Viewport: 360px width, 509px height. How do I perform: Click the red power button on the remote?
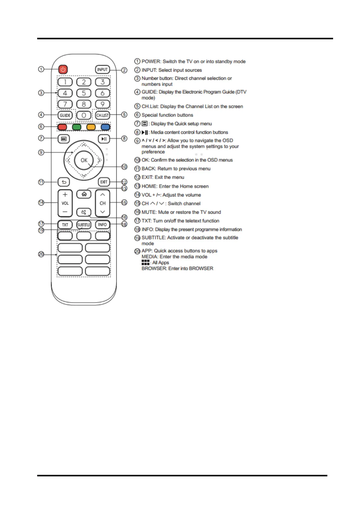[63, 70]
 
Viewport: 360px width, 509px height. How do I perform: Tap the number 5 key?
[84, 93]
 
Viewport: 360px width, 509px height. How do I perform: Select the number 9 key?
[102, 104]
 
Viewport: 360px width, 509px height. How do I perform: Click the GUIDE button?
[65, 115]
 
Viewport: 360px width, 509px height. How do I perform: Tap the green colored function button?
[77, 127]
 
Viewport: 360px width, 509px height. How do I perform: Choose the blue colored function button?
[105, 127]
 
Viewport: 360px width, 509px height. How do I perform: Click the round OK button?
[84, 160]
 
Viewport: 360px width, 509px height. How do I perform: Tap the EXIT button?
[104, 182]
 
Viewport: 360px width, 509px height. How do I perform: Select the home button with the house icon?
[84, 194]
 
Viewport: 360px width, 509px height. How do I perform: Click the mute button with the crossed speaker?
[84, 212]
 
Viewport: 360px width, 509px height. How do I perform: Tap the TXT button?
[65, 225]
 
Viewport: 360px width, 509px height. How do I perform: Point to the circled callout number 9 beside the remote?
[41, 152]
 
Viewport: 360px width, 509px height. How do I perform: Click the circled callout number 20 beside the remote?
[41, 254]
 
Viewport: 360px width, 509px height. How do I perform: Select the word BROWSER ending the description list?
[154, 268]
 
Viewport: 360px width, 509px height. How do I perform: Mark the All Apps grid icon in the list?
[145, 262]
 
